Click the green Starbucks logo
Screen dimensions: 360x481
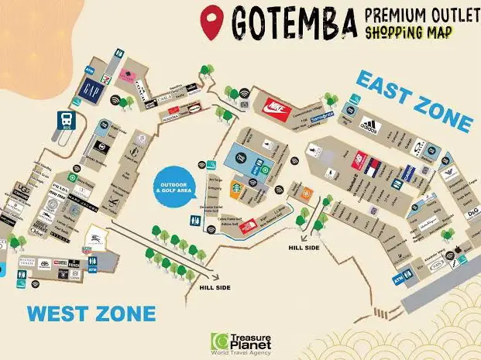coord(234,187)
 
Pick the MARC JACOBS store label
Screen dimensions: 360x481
coord(85,204)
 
